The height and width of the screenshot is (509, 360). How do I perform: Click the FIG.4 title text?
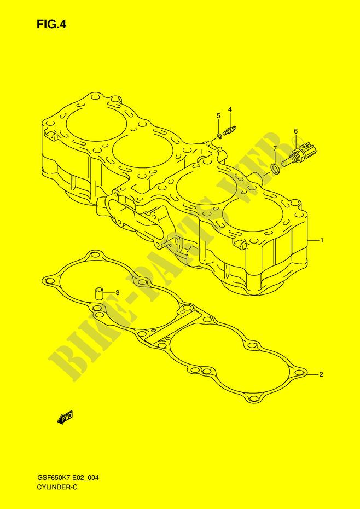(51, 25)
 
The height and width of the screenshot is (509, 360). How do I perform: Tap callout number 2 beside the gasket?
(321, 374)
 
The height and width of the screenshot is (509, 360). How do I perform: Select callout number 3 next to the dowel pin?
(118, 292)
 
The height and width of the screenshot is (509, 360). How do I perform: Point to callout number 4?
(229, 109)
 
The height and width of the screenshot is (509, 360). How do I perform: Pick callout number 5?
(218, 115)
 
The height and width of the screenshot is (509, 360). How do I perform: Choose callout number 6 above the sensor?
(296, 131)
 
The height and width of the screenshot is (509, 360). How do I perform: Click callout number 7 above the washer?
(275, 149)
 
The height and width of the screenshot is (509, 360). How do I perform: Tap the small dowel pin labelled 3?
(98, 293)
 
